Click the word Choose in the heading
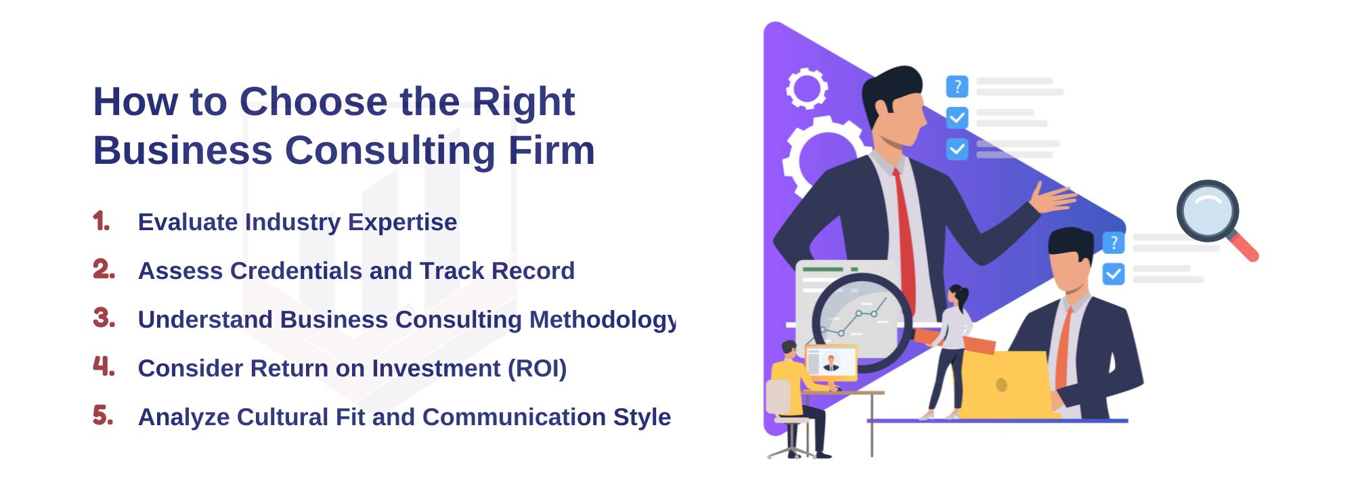pyautogui.click(x=313, y=102)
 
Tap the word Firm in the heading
pyautogui.click(x=551, y=150)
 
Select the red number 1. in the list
pyautogui.click(x=102, y=221)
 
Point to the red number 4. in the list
pyautogui.click(x=104, y=366)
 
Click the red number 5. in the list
pyautogui.click(x=103, y=415)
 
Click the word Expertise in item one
pyautogui.click(x=402, y=223)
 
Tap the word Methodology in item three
pyautogui.click(x=603, y=320)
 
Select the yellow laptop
pyautogui.click(x=1004, y=385)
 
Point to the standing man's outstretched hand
pyautogui.click(x=1053, y=198)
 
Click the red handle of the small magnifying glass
pyautogui.click(x=1242, y=246)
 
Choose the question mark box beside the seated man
pyautogui.click(x=1114, y=242)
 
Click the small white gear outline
pyautogui.click(x=807, y=88)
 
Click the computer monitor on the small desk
pyautogui.click(x=831, y=363)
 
